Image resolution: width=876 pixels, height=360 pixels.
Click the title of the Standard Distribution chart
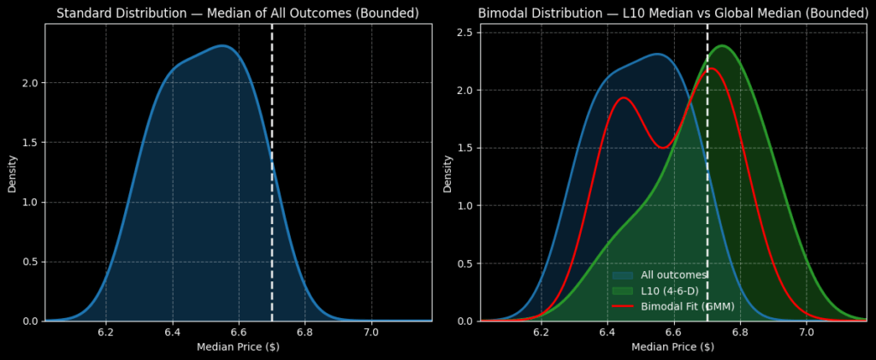pyautogui.click(x=239, y=14)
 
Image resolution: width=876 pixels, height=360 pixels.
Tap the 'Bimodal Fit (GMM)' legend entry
pyautogui.click(x=687, y=306)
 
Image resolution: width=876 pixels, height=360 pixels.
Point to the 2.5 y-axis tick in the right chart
pyautogui.click(x=466, y=32)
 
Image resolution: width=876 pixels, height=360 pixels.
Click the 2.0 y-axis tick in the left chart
pyautogui.click(x=31, y=83)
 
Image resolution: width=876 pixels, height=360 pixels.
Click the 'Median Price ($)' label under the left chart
pyautogui.click(x=238, y=347)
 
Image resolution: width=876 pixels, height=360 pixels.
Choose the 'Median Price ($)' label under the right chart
pyautogui.click(x=673, y=347)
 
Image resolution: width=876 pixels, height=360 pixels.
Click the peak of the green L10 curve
pyautogui.click(x=722, y=45)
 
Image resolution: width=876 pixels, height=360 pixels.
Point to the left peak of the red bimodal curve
pyautogui.click(x=623, y=97)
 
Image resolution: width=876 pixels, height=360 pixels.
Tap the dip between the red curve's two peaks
pyautogui.click(x=662, y=147)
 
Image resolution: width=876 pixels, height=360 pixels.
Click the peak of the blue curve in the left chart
pyautogui.click(x=221, y=46)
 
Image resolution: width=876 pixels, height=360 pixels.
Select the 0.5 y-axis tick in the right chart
pyautogui.click(x=466, y=263)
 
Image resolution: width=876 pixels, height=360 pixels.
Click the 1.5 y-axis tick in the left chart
pyautogui.click(x=31, y=143)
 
